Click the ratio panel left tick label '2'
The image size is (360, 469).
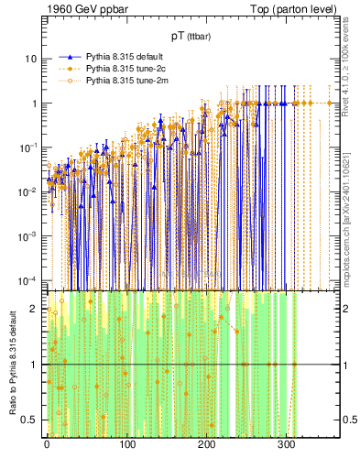pyautogui.click(x=35, y=308)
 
